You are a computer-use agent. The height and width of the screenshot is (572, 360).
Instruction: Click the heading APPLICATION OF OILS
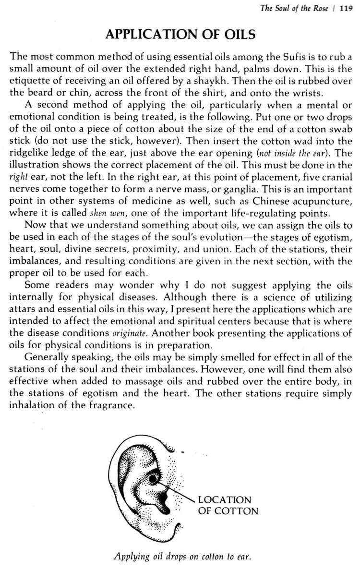(x=180, y=35)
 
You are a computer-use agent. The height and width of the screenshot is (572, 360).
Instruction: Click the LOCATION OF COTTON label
(x=228, y=505)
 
